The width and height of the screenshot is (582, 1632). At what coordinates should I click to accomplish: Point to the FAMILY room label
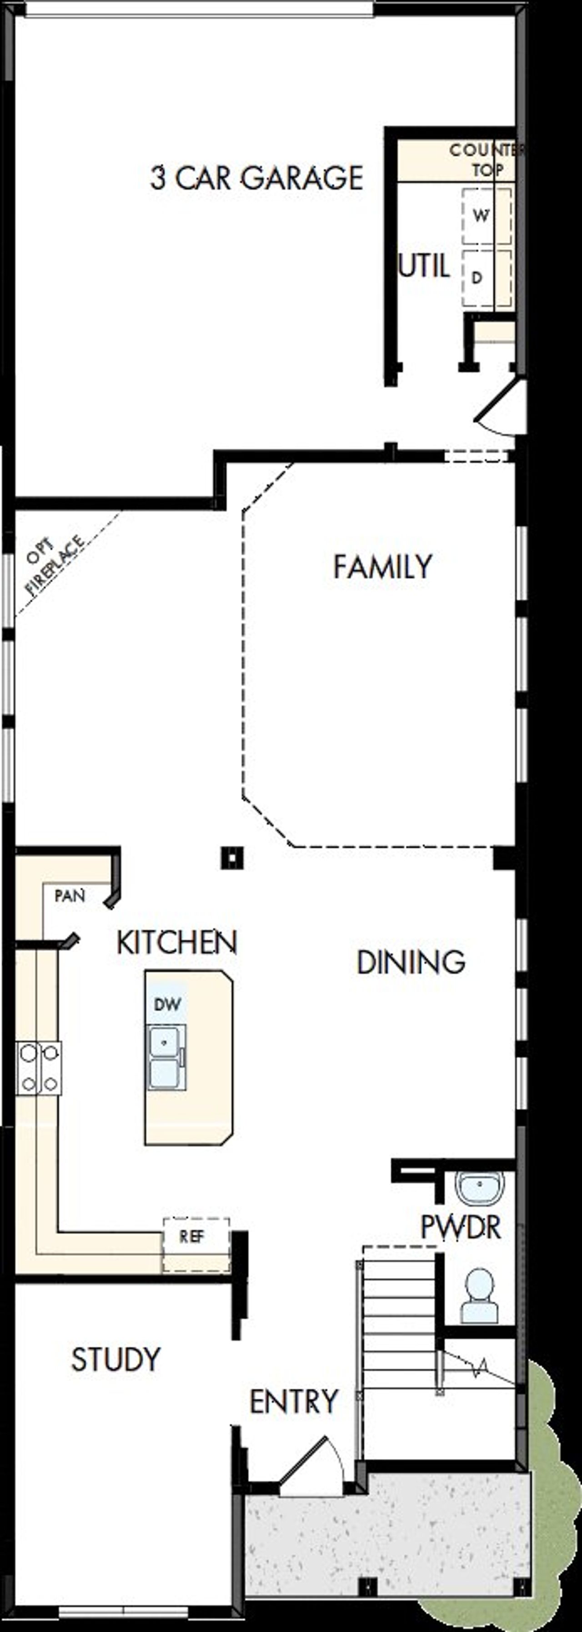click(383, 566)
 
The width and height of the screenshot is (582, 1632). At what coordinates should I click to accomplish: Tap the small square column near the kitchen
click(232, 858)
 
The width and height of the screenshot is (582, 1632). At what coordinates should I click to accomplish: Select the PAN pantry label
click(70, 896)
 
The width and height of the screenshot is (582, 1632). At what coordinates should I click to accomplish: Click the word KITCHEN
click(177, 942)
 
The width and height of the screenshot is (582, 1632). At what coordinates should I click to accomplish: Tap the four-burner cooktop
click(39, 1068)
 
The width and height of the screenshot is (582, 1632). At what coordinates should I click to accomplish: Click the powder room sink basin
click(480, 1187)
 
